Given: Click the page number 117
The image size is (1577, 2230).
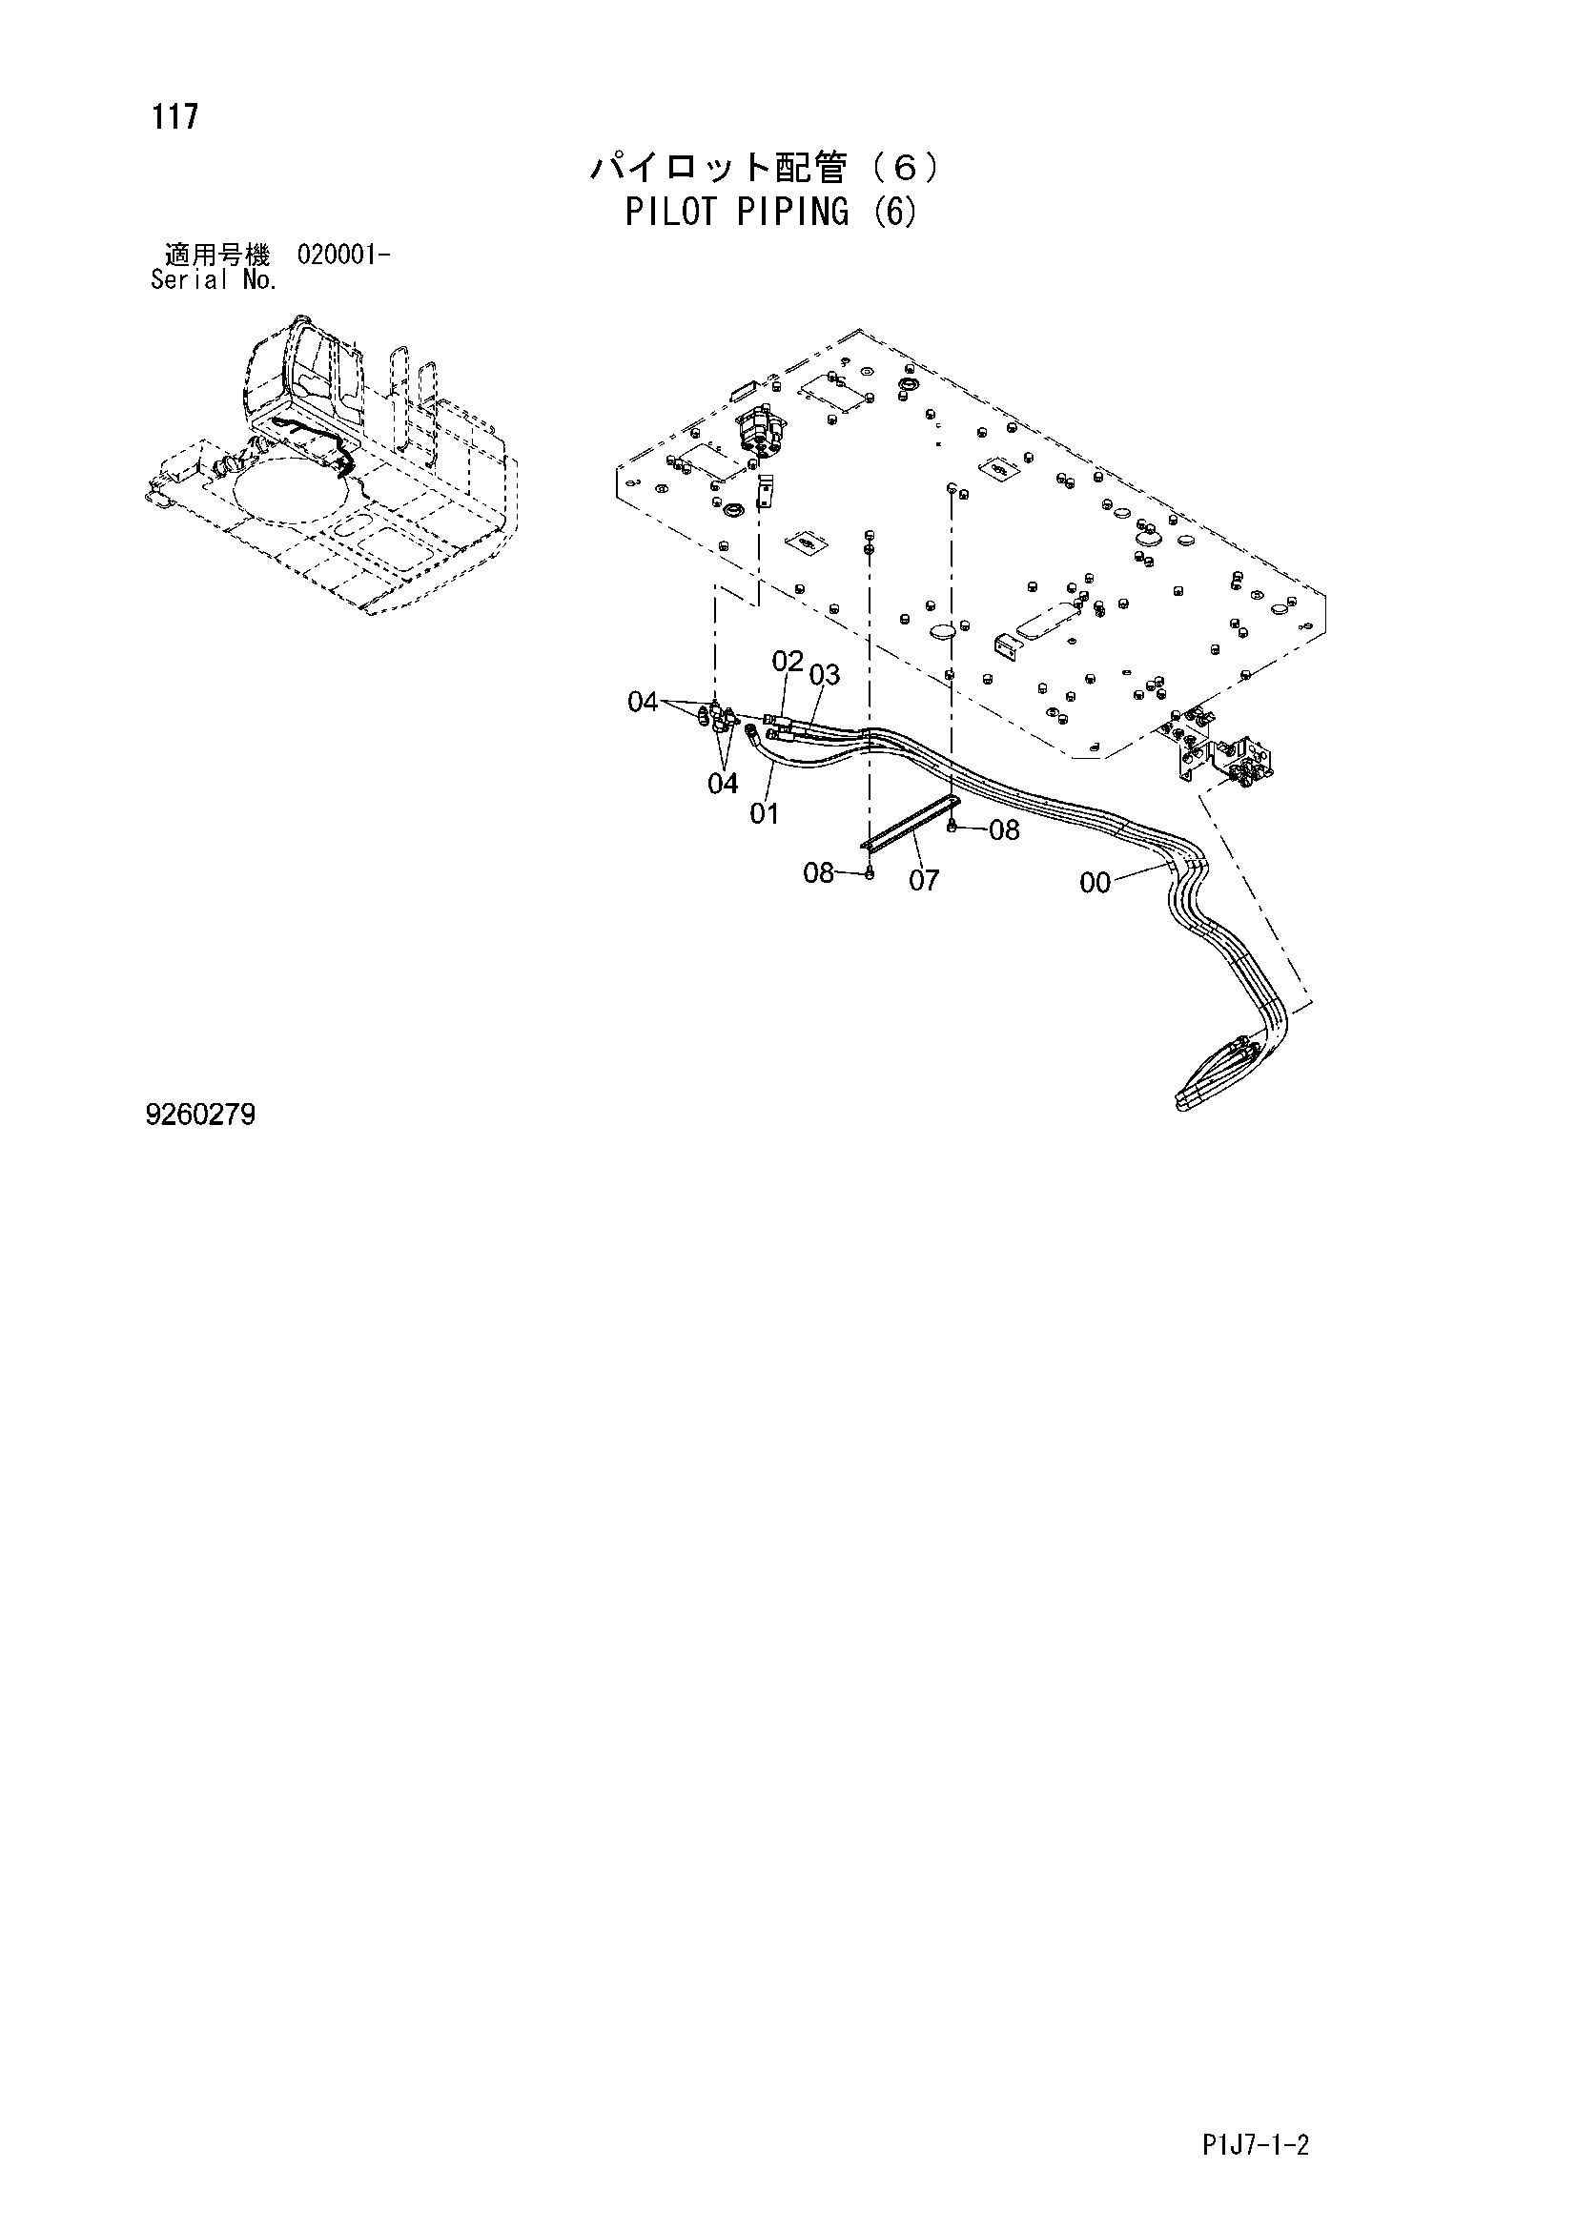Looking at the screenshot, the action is pyautogui.click(x=174, y=116).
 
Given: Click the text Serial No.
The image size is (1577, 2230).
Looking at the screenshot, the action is pyautogui.click(x=215, y=280).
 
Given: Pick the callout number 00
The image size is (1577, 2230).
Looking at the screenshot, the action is pyautogui.click(x=1095, y=883).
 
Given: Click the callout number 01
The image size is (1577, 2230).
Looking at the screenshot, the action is pyautogui.click(x=765, y=814).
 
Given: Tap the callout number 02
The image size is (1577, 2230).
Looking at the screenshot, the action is pyautogui.click(x=788, y=662).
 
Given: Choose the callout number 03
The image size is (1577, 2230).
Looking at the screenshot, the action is pyautogui.click(x=825, y=674).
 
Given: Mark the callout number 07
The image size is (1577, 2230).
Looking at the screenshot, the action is pyautogui.click(x=925, y=880).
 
